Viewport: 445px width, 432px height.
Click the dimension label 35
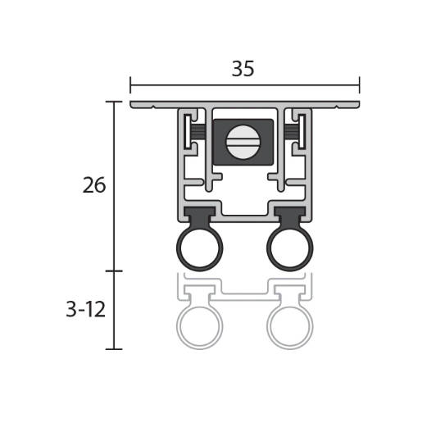pos(243,69)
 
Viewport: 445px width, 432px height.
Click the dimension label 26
pos(94,185)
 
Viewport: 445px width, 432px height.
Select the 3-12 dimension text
pos(86,309)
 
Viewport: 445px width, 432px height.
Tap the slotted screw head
pos(243,142)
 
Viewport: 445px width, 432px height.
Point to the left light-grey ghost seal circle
pos(199,326)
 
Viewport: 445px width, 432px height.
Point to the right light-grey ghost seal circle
pos(290,326)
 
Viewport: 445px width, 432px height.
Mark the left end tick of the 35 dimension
pos(130,85)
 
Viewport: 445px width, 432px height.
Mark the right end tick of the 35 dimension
pos(359,85)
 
